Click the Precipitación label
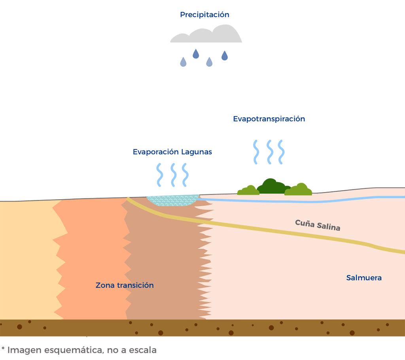click(204, 15)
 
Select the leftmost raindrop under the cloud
click(183, 62)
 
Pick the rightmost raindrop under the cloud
click(225, 55)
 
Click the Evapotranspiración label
click(269, 119)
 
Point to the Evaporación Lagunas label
click(172, 152)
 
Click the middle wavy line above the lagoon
click(173, 175)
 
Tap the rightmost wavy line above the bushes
click(281, 152)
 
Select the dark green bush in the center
click(271, 187)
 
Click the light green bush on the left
click(248, 190)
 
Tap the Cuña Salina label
click(318, 225)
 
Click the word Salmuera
click(364, 278)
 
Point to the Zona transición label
click(125, 285)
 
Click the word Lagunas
click(197, 152)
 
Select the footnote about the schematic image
click(79, 350)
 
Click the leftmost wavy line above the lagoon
click(159, 175)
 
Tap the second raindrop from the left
click(196, 53)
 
